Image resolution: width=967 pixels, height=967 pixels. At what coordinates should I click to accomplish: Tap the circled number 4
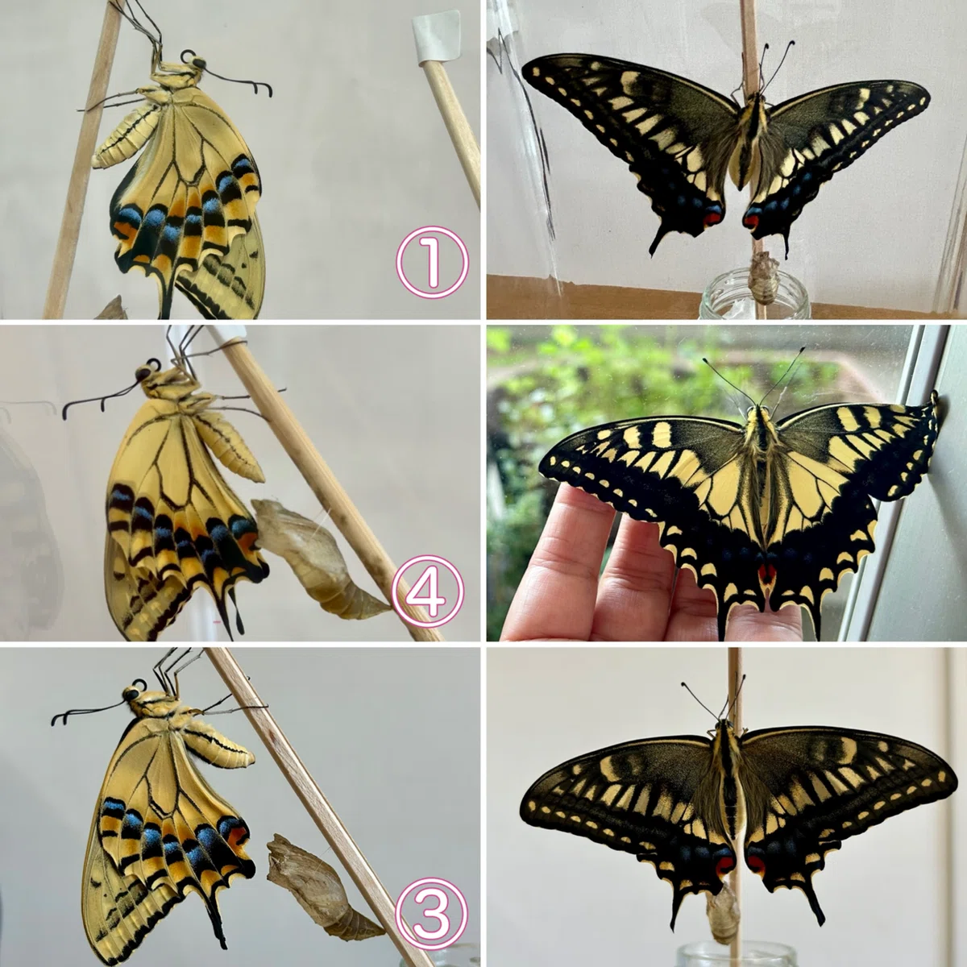[429, 591]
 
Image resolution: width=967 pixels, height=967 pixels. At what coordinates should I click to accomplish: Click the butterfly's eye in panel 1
[199, 64]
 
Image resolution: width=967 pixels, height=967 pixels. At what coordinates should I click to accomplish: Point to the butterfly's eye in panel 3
[132, 695]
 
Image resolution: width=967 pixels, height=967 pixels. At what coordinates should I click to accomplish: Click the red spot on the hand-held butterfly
[766, 573]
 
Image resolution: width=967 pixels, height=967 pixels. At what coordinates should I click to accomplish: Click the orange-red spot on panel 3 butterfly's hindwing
[237, 836]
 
